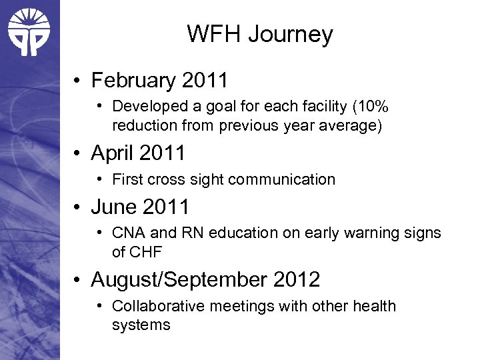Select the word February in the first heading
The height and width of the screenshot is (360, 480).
coord(131,81)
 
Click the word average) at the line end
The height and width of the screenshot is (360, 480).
coord(353,126)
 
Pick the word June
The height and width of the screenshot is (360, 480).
coord(113,207)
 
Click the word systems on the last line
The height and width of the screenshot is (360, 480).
coord(141,325)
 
